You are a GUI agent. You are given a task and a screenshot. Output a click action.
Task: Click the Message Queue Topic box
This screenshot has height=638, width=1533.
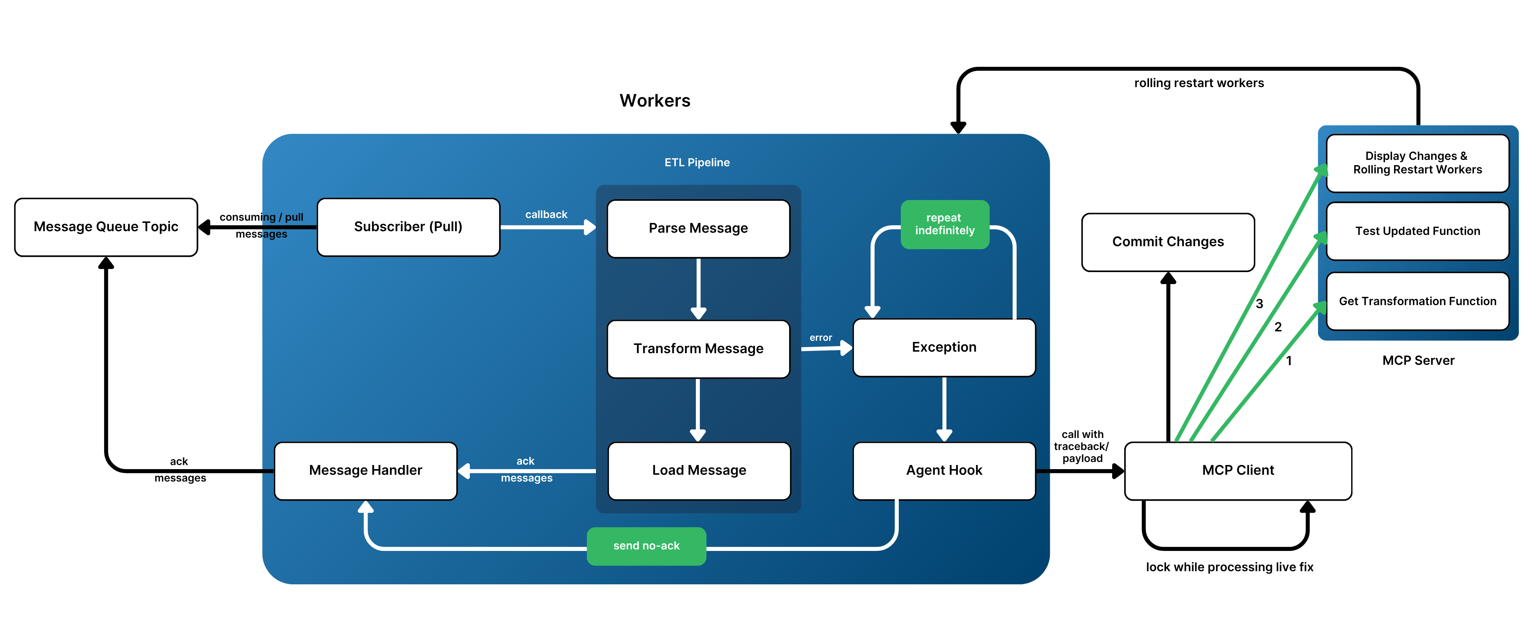coord(106,227)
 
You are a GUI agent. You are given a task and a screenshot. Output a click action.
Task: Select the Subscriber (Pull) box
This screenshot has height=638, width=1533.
coord(408,227)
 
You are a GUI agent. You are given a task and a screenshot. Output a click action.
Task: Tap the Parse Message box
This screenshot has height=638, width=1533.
coord(698,228)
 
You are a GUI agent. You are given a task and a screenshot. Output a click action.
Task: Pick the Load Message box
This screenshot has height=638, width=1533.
coord(698,470)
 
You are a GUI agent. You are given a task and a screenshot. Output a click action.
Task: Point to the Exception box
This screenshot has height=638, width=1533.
coord(944,347)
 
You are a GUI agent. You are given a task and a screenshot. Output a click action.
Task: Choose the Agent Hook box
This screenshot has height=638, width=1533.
coord(944,470)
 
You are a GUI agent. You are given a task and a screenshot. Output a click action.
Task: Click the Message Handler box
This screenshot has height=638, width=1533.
coord(365,470)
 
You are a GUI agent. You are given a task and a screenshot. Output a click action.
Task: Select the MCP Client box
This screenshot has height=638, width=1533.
coord(1238,470)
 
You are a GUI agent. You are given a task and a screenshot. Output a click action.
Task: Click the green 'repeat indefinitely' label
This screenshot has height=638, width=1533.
coord(945,224)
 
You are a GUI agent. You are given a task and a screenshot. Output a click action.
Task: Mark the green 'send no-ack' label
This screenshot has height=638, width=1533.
coord(646,546)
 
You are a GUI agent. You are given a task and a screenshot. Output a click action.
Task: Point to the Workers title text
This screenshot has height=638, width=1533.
coord(655,101)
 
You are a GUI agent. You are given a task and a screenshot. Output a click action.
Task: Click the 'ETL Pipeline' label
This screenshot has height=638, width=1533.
coord(697,163)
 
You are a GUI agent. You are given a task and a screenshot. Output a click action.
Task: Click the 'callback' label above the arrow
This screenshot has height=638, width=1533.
coord(546,215)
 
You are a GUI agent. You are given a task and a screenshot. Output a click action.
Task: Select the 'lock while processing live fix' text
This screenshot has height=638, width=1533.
coord(1229,567)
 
